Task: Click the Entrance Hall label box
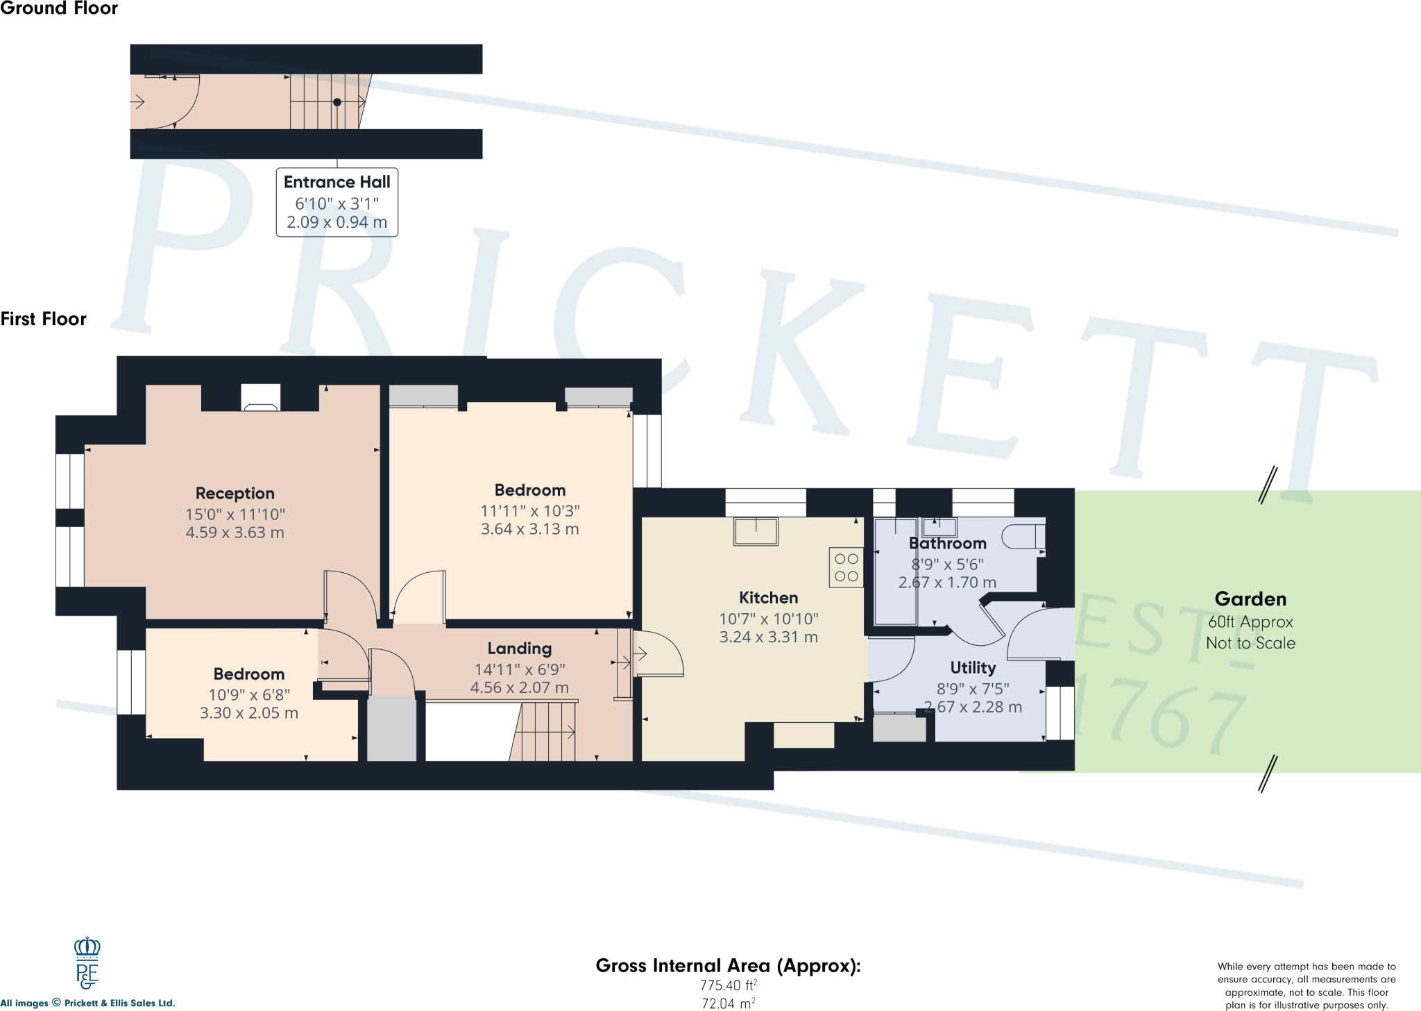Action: click(x=337, y=202)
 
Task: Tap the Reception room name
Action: click(x=235, y=494)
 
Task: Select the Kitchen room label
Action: click(x=768, y=598)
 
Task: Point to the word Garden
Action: click(x=1250, y=599)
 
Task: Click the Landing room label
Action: click(x=520, y=649)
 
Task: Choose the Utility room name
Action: click(x=973, y=668)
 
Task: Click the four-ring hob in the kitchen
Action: click(x=846, y=567)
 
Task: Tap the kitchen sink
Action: click(x=756, y=531)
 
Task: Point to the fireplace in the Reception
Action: click(x=261, y=399)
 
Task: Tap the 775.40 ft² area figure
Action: click(x=728, y=985)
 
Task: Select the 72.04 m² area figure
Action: click(x=728, y=1003)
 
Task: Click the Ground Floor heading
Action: click(x=59, y=8)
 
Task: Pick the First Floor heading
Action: click(x=44, y=319)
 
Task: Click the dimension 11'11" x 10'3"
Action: click(x=530, y=511)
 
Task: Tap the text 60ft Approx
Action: click(x=1250, y=622)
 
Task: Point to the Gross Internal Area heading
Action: click(x=728, y=966)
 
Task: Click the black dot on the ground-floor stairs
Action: click(x=337, y=102)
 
